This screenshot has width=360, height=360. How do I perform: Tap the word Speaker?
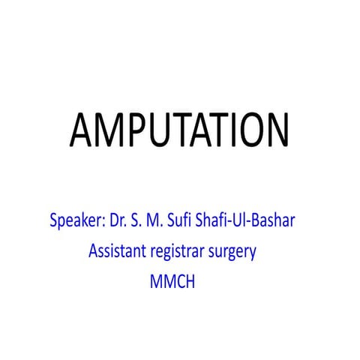74,222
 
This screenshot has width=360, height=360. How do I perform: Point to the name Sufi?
178,222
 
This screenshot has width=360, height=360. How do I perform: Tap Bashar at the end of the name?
277,222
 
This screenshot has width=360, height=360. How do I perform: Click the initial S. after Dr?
134,222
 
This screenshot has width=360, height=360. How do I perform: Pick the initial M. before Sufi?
151,222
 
